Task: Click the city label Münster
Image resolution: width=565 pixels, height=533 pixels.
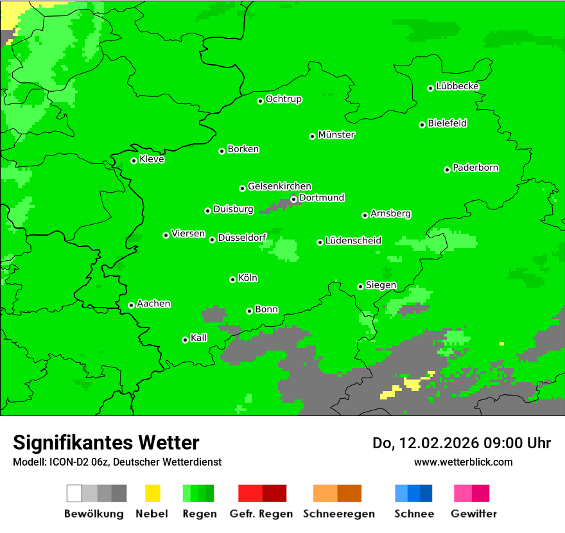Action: point(336,135)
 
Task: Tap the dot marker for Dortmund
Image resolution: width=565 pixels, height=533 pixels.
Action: point(293,199)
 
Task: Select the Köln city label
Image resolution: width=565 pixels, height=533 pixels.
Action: point(248,278)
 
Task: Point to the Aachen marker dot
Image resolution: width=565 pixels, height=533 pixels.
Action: point(131,305)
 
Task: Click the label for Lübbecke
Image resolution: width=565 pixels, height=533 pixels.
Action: point(457,86)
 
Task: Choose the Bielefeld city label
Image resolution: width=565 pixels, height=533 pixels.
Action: point(447,123)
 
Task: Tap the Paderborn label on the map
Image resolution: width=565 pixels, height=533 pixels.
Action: point(475,168)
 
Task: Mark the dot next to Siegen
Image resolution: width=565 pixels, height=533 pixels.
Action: point(360,286)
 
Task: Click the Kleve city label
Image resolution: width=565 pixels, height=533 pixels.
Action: point(152,159)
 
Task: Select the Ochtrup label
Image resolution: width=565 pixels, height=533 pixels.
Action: point(283,100)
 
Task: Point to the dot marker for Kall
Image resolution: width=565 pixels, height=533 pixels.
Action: point(185,340)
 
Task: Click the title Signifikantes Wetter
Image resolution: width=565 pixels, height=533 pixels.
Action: point(106,442)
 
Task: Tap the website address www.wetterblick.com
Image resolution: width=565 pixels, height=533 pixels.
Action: point(463,462)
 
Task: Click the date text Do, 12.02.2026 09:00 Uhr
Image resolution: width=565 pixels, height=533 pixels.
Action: point(462,443)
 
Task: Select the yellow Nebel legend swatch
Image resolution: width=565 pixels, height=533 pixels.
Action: point(152,493)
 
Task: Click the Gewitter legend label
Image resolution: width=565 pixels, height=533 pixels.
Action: point(473,514)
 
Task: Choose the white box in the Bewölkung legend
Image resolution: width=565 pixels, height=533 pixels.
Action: point(74,493)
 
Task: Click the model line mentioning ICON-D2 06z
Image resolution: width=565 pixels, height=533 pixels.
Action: point(117,462)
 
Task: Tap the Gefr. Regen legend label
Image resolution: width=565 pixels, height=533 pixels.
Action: point(261,514)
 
